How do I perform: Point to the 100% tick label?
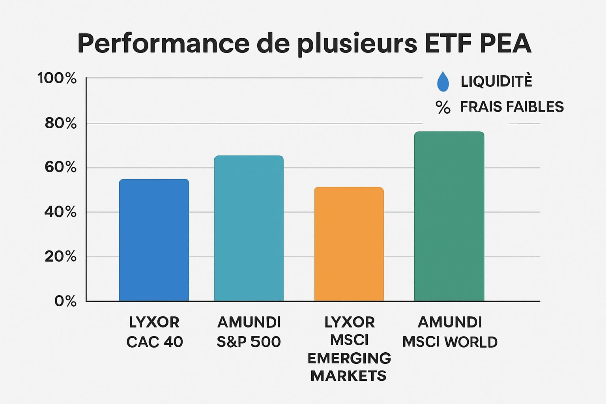[x=57, y=78]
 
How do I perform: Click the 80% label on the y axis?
[x=60, y=123]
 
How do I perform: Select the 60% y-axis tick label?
[x=60, y=167]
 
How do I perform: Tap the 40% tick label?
[x=60, y=212]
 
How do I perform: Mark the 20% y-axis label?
[x=60, y=256]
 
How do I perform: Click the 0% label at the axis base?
[x=65, y=301]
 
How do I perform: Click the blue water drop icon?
[x=443, y=81]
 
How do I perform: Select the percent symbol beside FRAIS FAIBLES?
[x=443, y=107]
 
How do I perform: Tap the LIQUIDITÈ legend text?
[x=496, y=81]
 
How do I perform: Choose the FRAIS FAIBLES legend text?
[x=512, y=107]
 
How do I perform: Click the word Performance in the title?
[x=163, y=43]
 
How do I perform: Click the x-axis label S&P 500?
[x=249, y=342]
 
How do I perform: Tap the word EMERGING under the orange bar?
[x=349, y=358]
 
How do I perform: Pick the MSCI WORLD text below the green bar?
[x=450, y=342]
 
